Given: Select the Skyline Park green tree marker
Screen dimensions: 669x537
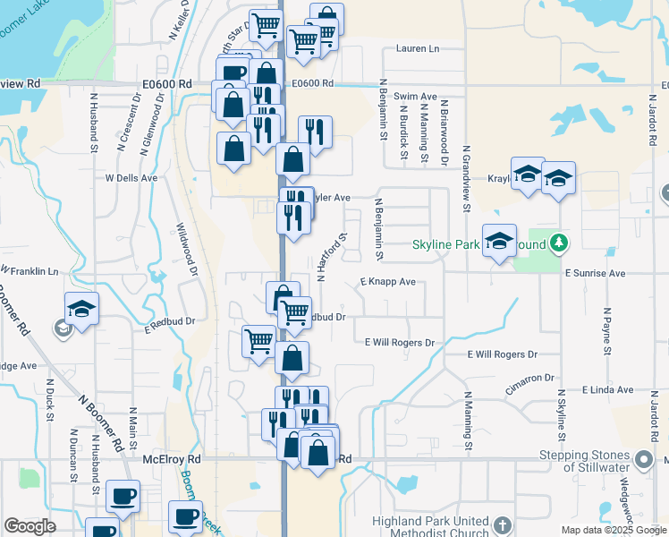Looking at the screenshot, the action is pos(559,243).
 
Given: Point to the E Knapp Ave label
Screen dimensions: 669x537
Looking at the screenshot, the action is pos(387,281).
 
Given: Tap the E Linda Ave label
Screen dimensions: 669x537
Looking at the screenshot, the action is pos(607,390).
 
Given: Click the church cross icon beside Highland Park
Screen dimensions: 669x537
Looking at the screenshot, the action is pos(503,525).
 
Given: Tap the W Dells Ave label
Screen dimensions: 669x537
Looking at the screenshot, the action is pos(131,177).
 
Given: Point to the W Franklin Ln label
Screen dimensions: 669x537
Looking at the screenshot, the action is pos(29,270).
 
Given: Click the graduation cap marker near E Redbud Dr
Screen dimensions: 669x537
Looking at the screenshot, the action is pos(81,310).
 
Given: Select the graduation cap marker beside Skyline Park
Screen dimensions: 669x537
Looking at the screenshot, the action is pos(500,241).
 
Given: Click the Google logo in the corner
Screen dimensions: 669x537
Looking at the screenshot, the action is pos(30,526).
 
